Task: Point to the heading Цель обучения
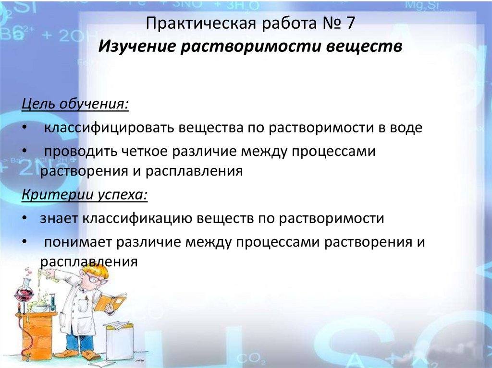click(75, 104)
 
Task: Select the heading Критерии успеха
click(85, 195)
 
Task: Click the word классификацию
click(139, 218)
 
